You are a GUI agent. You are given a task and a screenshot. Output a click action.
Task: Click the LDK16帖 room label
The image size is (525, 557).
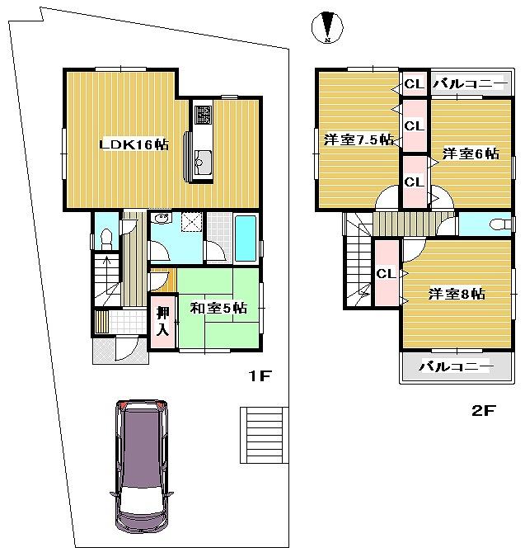point(134,144)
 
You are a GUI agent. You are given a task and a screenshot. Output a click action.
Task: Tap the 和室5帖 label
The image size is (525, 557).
point(219,308)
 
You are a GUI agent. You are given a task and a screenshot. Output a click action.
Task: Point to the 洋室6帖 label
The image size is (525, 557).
point(471,153)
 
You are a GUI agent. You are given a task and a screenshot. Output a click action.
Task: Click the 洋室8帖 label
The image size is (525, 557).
point(456,293)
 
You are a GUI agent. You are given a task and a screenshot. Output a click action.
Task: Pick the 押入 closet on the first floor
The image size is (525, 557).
point(163,321)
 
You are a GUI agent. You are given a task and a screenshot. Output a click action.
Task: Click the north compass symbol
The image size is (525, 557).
point(328,27)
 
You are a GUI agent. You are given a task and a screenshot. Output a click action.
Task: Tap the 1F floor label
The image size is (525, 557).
point(260,376)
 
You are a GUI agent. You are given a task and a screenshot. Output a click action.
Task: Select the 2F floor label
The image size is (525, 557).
point(483,410)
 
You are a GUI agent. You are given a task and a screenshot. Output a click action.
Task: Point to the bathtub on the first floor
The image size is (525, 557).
point(246,237)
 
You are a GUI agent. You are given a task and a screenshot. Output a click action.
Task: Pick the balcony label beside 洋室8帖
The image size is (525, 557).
point(455,366)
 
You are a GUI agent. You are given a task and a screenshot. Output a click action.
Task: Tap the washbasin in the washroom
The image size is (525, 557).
point(161,219)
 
